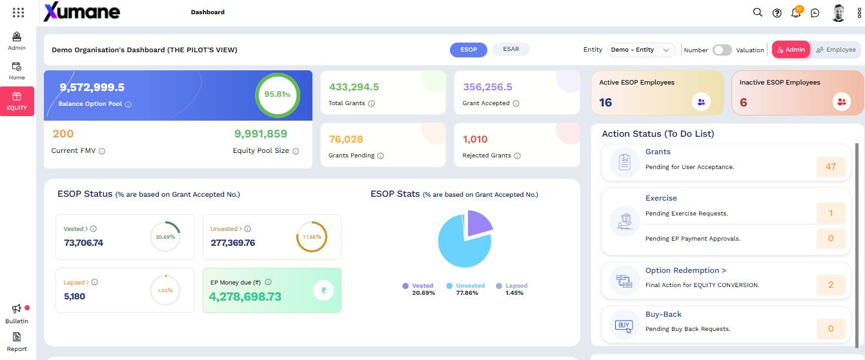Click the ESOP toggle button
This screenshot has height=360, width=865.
[x=468, y=50]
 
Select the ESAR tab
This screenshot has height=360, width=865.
[x=511, y=49]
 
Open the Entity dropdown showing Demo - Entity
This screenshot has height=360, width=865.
[x=640, y=50]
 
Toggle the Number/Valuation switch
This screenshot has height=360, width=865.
[x=722, y=50]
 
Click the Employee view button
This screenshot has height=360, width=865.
[x=835, y=50]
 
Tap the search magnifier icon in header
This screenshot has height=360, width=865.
[x=758, y=12]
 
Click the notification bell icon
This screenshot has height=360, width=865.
[x=796, y=12]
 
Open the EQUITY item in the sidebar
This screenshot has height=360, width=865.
[x=17, y=101]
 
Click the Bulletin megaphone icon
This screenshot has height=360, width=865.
[x=17, y=309]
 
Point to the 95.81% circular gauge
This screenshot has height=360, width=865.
[x=278, y=94]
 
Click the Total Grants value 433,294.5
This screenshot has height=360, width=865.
[x=354, y=87]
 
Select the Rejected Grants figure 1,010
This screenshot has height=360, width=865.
[x=475, y=139]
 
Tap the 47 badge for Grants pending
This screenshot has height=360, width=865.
[x=830, y=166]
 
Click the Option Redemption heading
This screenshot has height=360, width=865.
[x=686, y=270]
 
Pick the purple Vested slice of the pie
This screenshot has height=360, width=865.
[x=478, y=223]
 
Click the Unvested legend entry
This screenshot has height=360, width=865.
[x=466, y=285]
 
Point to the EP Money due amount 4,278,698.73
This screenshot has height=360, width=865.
[x=245, y=297]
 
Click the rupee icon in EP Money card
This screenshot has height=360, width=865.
[x=323, y=290]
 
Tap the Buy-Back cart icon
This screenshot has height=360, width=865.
[x=624, y=325]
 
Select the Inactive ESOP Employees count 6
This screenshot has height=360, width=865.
[x=743, y=102]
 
